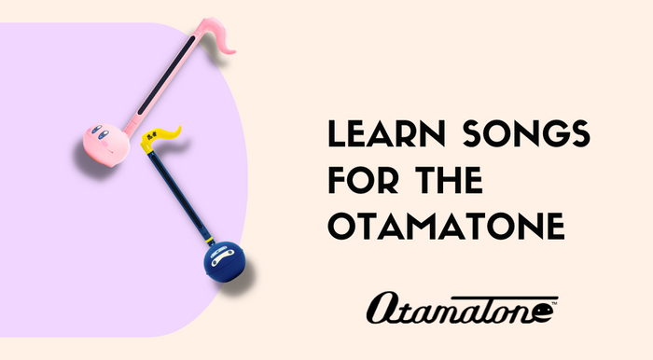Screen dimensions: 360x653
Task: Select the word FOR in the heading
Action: coord(364,181)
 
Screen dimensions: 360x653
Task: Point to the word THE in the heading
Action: coord(449,181)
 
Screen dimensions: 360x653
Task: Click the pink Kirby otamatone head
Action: coord(100,143)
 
